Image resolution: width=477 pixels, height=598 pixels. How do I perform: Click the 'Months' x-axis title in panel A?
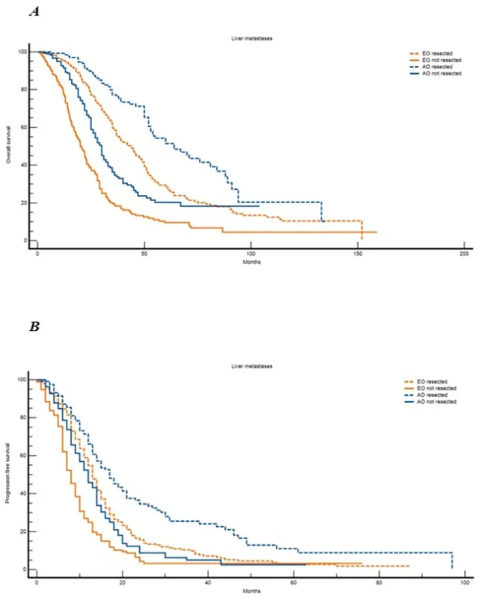click(250, 262)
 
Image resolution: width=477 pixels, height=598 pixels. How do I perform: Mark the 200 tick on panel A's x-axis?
click(464, 253)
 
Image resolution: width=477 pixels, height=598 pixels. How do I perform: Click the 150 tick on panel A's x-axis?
click(357, 253)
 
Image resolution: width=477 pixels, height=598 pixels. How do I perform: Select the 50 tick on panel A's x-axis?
click(144, 253)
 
